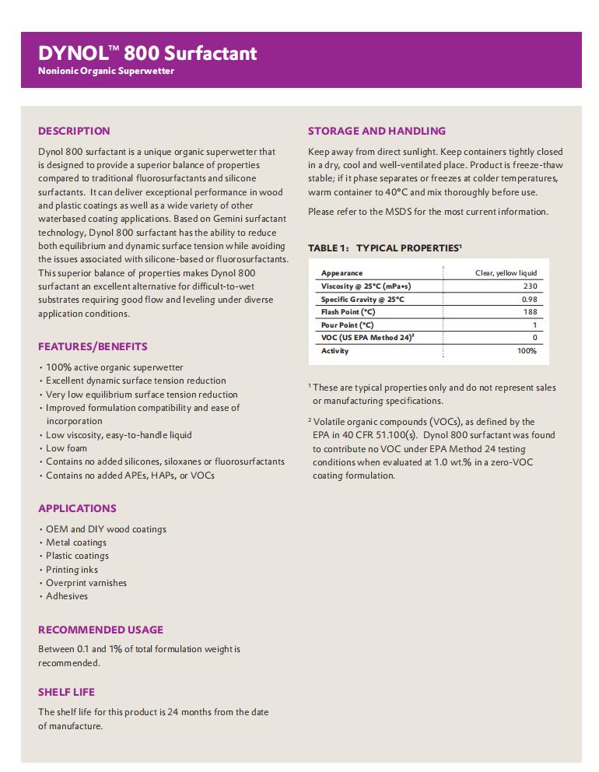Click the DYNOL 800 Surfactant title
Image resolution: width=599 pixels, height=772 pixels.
click(147, 53)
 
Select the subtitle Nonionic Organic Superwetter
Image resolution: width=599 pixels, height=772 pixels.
click(106, 72)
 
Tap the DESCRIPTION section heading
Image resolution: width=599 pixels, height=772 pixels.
click(74, 131)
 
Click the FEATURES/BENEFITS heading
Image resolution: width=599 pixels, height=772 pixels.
click(93, 346)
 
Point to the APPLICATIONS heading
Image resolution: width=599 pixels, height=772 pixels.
click(77, 508)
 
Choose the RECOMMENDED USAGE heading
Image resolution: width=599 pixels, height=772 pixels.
click(100, 630)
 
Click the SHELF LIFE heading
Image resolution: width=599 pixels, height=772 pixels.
click(66, 692)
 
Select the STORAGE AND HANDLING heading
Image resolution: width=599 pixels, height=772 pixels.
click(377, 131)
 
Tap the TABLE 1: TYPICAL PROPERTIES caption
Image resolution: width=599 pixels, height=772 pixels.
click(384, 248)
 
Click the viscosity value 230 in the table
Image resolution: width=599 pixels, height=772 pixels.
click(529, 286)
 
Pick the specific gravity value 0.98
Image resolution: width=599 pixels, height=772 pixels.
click(529, 300)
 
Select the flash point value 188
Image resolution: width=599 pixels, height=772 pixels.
click(529, 312)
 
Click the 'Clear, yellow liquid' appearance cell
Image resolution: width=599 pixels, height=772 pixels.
click(506, 273)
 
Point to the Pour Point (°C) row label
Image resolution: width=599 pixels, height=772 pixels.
click(347, 325)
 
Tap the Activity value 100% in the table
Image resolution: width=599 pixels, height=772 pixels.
click(527, 351)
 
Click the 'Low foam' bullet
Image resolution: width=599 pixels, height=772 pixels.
click(66, 448)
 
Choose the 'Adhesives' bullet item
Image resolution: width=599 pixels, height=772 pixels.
click(67, 596)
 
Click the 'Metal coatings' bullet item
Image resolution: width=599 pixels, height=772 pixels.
click(76, 542)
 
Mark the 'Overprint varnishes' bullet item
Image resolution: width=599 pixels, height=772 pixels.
click(86, 583)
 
